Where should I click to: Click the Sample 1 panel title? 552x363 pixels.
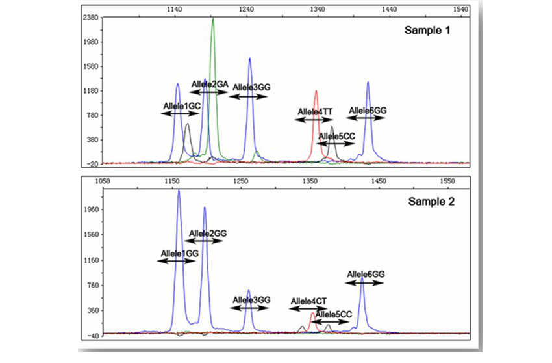[x=427, y=30]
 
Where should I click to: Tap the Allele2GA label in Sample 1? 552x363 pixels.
[x=209, y=85]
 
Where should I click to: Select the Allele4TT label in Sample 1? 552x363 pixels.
[x=315, y=112]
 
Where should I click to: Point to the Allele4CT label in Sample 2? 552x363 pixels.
[x=308, y=301]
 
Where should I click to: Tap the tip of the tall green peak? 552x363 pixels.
[x=212, y=19]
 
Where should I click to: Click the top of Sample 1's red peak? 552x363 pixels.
[x=316, y=91]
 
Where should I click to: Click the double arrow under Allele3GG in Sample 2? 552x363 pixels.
[x=249, y=308]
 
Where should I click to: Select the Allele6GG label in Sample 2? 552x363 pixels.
[x=366, y=275]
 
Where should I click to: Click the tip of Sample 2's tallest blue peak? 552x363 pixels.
[x=179, y=191]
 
